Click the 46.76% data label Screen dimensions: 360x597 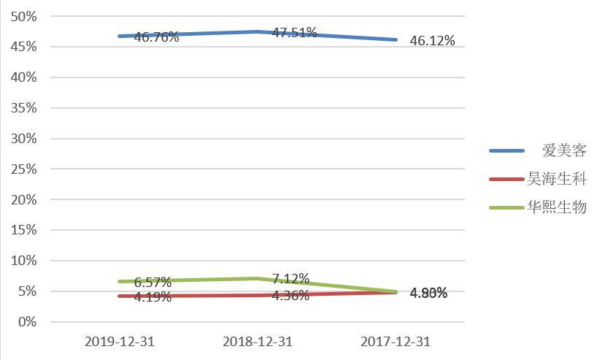157,37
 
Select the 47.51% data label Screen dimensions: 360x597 294,33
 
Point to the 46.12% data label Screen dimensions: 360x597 432,41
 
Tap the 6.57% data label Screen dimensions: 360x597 153,282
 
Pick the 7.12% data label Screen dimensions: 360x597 290,279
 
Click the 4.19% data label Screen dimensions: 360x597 153,296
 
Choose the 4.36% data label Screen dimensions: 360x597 290,296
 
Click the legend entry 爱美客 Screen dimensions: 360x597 564,151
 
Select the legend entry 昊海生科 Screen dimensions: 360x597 557,179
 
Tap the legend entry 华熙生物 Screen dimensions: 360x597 557,207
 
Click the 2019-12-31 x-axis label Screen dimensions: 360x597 120,342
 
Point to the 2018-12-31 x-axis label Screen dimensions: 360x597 258,342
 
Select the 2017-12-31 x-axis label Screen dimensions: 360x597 396,342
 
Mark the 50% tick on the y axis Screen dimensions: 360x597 25,16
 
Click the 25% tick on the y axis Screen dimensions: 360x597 25,169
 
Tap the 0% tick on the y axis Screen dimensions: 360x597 28,322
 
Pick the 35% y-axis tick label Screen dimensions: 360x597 25,108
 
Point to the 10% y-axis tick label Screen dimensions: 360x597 25,261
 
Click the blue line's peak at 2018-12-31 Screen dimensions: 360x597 258,31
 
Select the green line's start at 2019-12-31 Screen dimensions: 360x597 120,281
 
